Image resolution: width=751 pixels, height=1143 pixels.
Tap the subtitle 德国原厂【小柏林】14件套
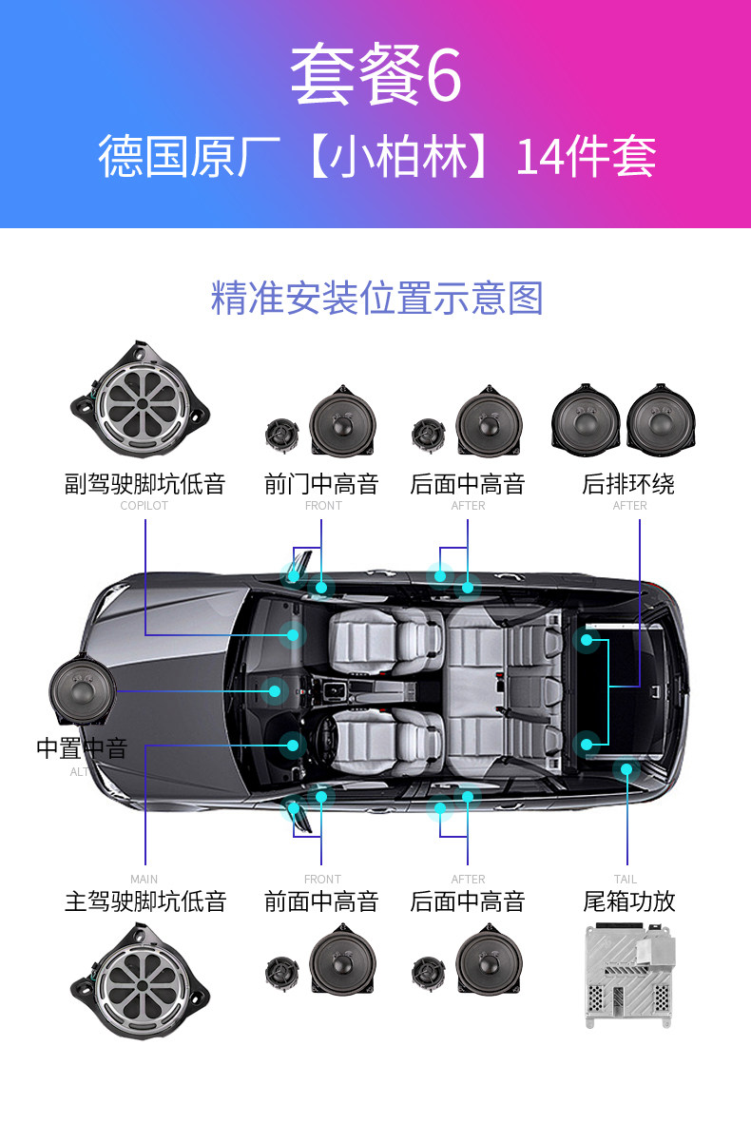(x=376, y=157)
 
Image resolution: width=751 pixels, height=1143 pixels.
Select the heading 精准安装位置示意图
(x=376, y=298)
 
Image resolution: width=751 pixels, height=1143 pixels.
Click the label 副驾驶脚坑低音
(x=144, y=484)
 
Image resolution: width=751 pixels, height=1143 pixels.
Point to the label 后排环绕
(x=628, y=484)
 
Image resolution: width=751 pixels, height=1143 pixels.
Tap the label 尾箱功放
(x=628, y=901)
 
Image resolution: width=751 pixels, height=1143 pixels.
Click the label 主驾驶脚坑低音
(x=144, y=901)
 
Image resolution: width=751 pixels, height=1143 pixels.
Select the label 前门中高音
(x=321, y=484)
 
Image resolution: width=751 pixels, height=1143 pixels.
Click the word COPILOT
(x=144, y=506)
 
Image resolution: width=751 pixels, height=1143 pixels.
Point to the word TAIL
(x=626, y=880)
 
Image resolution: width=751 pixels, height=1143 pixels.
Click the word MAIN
(x=144, y=880)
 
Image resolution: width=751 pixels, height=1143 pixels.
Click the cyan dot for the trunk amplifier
(x=626, y=768)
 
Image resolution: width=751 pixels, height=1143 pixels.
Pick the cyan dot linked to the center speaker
(x=275, y=691)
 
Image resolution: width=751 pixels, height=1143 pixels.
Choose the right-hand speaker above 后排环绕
(x=662, y=419)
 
